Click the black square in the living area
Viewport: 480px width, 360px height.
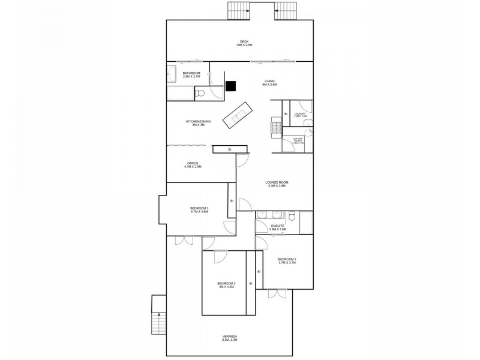[230, 86]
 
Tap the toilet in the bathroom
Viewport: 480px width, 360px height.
[202, 94]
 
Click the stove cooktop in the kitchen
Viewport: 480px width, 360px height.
[277, 127]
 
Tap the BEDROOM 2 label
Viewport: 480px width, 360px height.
[226, 285]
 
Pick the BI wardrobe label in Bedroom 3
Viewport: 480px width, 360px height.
[231, 202]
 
